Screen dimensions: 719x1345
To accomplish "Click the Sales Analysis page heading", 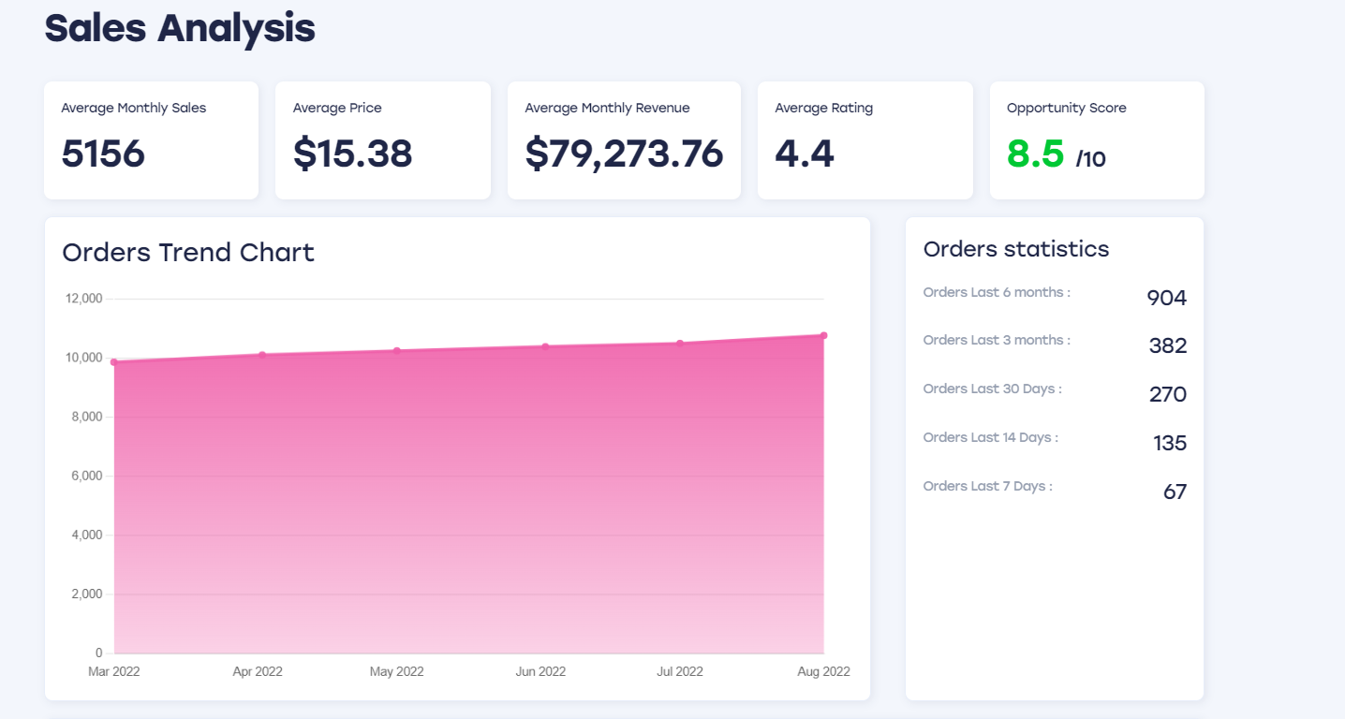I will (x=180, y=28).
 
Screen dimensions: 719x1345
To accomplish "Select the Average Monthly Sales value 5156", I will (x=103, y=154).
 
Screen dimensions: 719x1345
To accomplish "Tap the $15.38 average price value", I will (x=352, y=154).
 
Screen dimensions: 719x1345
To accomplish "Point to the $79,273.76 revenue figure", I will (x=624, y=154).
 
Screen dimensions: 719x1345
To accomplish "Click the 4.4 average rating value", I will (x=804, y=154).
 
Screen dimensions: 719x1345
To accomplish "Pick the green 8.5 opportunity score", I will (x=1035, y=154).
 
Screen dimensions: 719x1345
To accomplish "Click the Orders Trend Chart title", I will (x=188, y=253).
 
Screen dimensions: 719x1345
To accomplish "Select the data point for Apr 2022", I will (x=262, y=355).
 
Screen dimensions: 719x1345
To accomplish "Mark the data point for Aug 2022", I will (x=823, y=335).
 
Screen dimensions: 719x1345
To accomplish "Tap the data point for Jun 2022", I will (x=545, y=346).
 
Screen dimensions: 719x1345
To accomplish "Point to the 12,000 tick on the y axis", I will (x=83, y=299).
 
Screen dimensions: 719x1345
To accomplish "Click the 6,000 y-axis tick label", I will (x=86, y=477).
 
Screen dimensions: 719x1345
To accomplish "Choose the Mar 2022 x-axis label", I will (x=113, y=671).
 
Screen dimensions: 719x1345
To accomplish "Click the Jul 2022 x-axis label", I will (x=679, y=671).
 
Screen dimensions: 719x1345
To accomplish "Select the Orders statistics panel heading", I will (x=1016, y=249).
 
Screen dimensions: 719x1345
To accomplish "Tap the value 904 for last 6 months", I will (x=1166, y=299).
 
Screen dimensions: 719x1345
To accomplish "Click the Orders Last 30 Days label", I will (x=992, y=389).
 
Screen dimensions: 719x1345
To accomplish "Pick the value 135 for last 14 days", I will (x=1170, y=443).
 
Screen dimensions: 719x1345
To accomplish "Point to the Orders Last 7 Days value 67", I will (x=1175, y=492).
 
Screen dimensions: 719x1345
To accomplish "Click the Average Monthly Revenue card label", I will (x=607, y=108).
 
